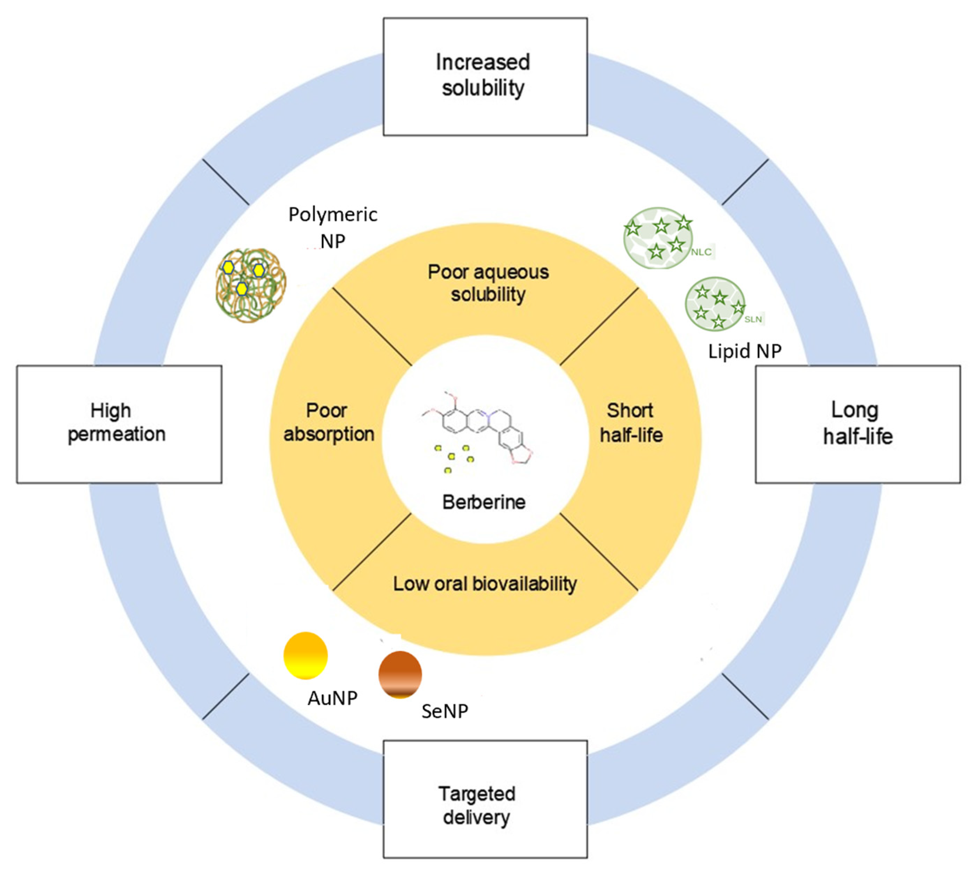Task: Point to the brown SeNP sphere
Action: click(x=400, y=674)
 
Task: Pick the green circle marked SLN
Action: click(x=714, y=303)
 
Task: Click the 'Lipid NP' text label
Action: click(x=745, y=351)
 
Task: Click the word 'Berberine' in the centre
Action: click(x=484, y=502)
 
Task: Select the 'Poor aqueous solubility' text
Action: click(x=488, y=283)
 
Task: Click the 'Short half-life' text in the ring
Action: click(x=631, y=423)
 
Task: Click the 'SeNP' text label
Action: click(x=444, y=711)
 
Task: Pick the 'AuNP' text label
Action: click(x=332, y=698)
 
